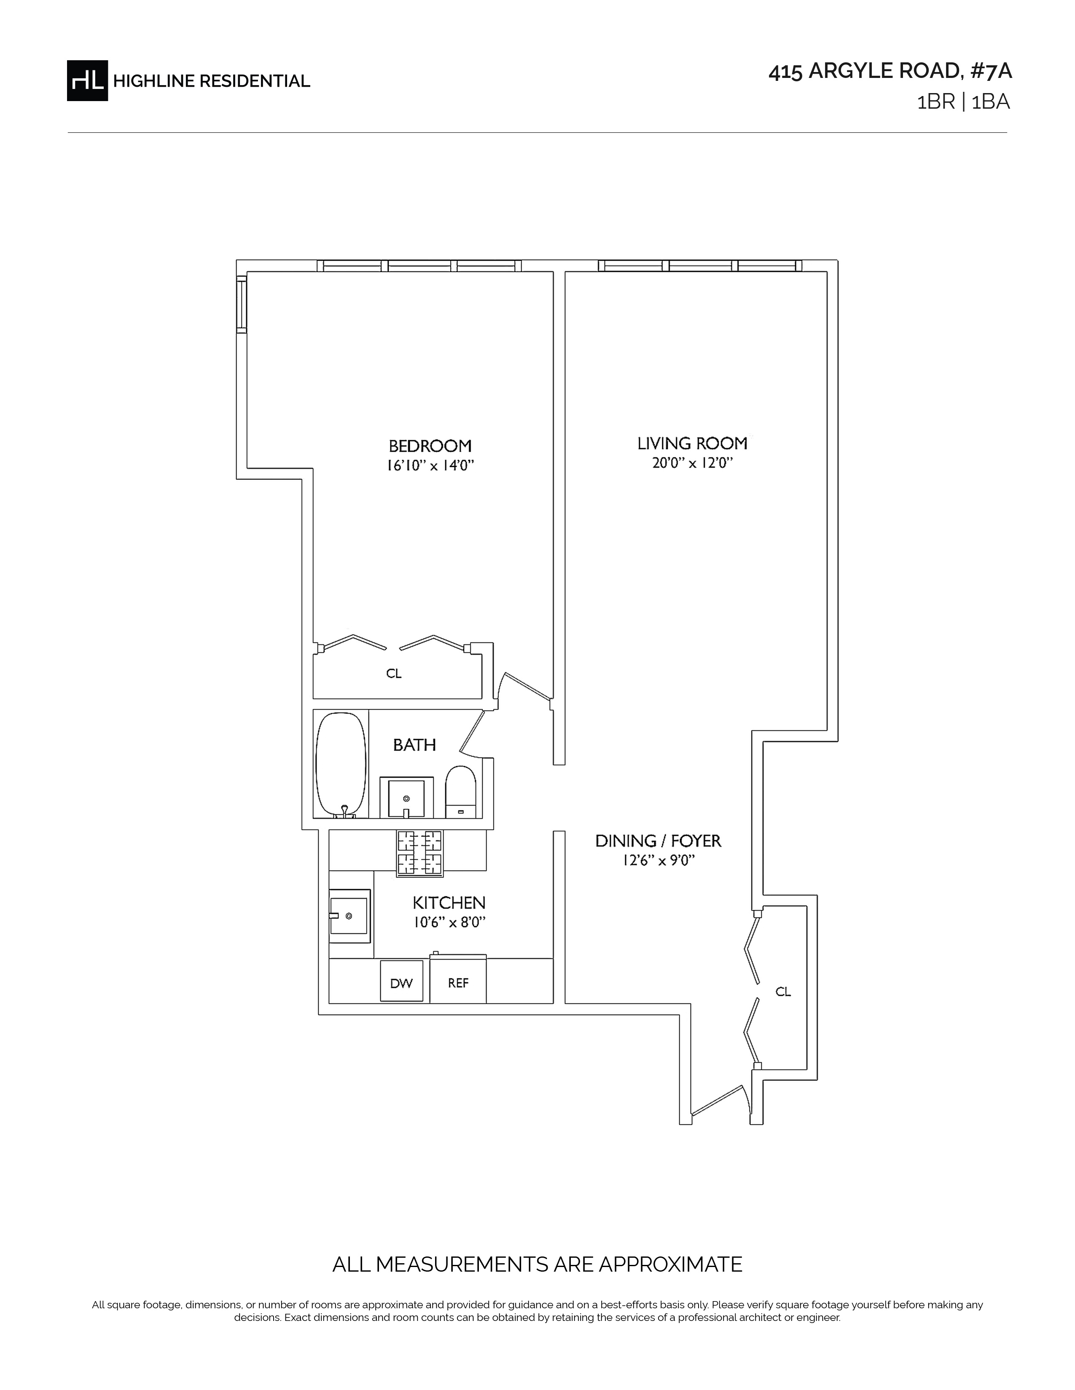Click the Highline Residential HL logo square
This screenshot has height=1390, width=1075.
pos(87,80)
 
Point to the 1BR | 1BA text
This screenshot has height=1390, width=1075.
pos(963,102)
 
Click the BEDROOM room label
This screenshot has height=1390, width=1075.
pos(430,446)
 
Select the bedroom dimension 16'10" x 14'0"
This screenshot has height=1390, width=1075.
pos(430,466)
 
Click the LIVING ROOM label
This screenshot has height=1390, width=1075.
pos(692,443)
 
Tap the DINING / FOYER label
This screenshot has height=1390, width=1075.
pos(658,841)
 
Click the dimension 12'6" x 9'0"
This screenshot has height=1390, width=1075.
pos(658,861)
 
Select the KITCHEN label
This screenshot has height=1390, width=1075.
pos(449,903)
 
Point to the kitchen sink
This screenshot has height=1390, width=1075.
pos(349,916)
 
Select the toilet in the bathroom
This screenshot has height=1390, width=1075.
pos(460,792)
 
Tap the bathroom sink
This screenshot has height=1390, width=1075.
pos(406,797)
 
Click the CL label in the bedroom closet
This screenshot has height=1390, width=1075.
pos(394,674)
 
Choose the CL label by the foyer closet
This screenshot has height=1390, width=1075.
pos(783,992)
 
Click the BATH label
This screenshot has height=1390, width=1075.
pos(414,745)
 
